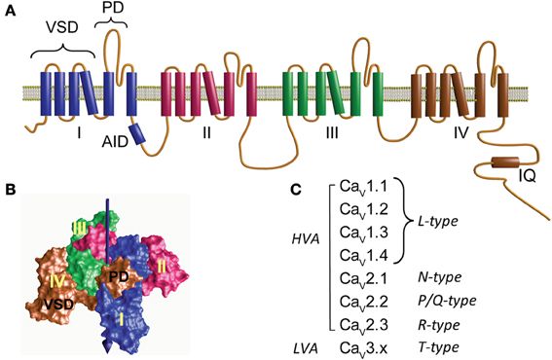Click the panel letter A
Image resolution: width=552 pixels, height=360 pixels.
coord(8,9)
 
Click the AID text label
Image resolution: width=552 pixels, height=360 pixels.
coord(115,141)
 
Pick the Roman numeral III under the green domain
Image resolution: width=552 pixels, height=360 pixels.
coord(332,130)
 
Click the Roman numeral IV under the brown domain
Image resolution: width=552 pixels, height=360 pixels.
coord(462,130)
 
